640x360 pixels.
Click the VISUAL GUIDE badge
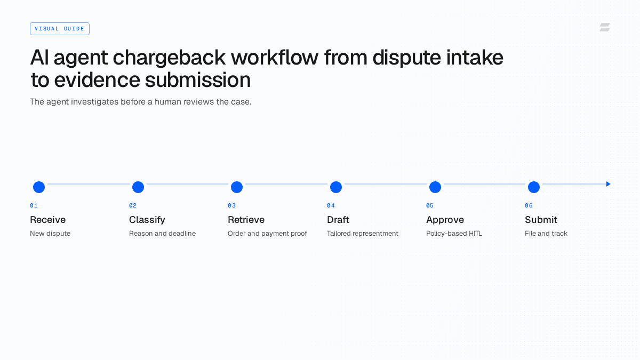click(x=60, y=29)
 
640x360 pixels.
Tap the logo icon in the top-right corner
click(x=605, y=27)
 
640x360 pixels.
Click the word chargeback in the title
click(x=169, y=58)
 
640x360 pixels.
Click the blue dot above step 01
click(x=39, y=187)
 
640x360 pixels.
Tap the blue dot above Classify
click(x=138, y=187)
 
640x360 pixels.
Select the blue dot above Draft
click(x=336, y=187)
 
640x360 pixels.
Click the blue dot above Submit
click(x=534, y=187)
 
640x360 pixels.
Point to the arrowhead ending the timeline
click(x=609, y=184)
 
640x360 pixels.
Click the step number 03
click(x=231, y=206)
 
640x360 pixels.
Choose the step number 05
click(x=430, y=206)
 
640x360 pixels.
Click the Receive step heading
click(x=47, y=220)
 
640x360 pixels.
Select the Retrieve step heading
click(x=246, y=220)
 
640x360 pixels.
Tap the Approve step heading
click(x=445, y=220)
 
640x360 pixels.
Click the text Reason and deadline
click(x=162, y=234)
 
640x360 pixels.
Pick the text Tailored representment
click(x=363, y=234)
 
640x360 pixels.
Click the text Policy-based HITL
click(x=454, y=234)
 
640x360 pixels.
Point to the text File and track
click(x=546, y=234)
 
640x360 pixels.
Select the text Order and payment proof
click(x=267, y=234)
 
